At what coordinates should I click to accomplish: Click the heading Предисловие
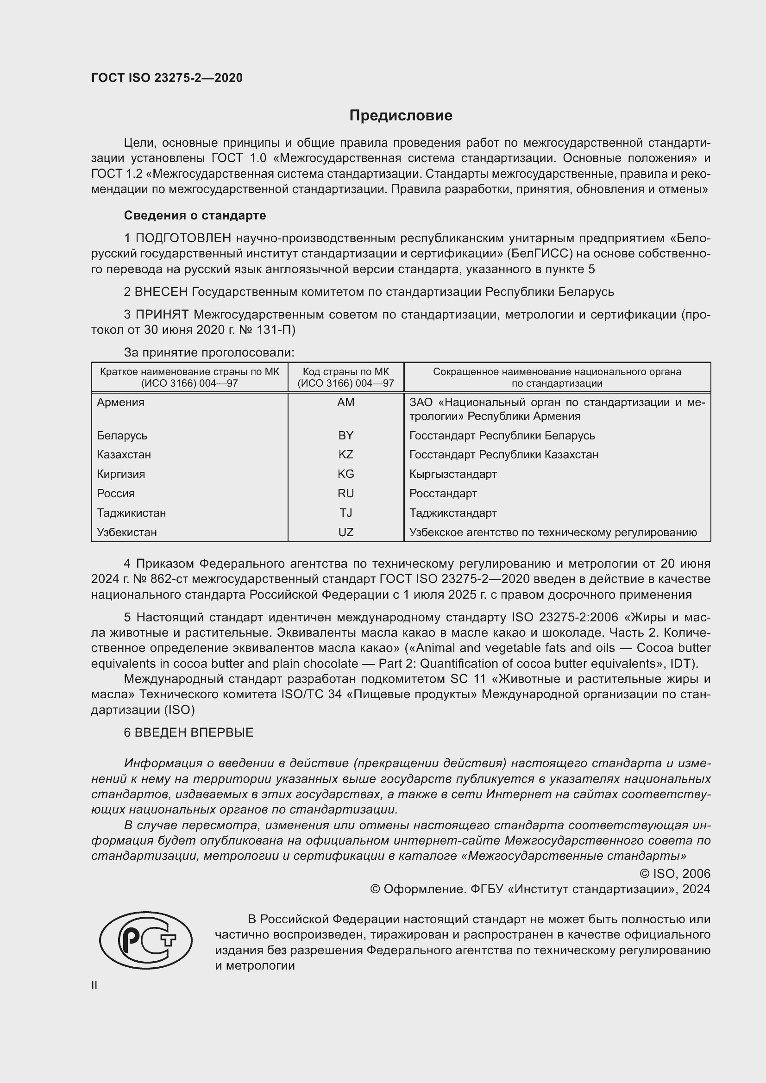point(401,116)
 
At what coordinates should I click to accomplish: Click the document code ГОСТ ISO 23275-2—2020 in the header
point(167,78)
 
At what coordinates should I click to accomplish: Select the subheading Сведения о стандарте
point(195,216)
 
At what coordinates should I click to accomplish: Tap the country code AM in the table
point(346,402)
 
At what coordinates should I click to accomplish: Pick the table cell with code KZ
point(346,455)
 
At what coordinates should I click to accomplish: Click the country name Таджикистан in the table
point(131,513)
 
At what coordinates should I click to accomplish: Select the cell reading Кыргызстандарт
point(453,474)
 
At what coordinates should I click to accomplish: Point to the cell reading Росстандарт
point(443,494)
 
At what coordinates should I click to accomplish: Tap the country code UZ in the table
point(346,532)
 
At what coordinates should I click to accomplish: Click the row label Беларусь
point(122,435)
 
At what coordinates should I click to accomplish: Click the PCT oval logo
point(146,940)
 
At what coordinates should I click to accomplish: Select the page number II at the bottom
point(94,985)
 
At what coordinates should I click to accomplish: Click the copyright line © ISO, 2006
point(675,874)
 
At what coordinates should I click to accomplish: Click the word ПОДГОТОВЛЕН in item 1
point(183,238)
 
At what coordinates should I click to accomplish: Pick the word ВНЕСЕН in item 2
point(161,292)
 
